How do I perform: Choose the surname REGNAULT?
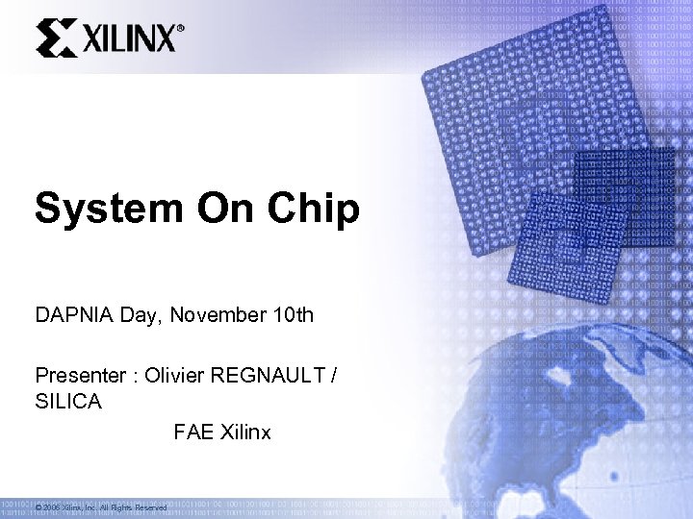click(x=273, y=374)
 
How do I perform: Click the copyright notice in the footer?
click(x=101, y=507)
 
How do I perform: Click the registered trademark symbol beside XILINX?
click(x=181, y=29)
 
